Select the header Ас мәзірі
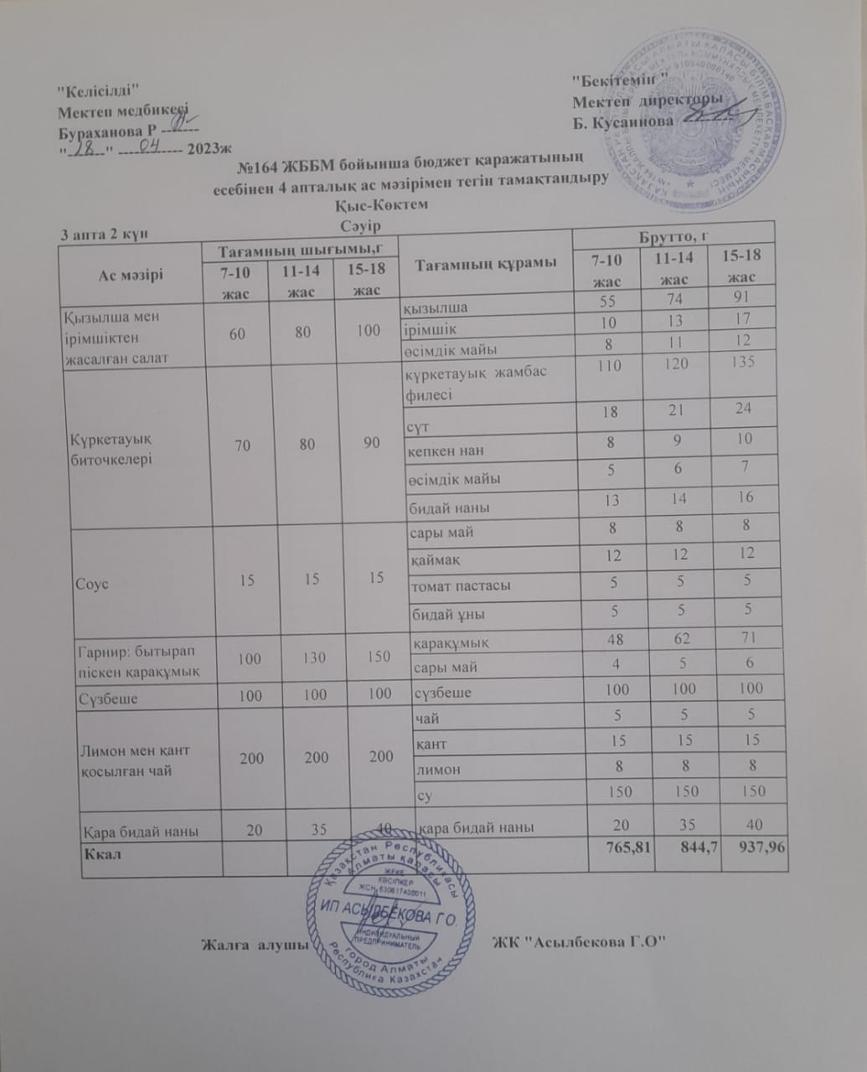[130, 275]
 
